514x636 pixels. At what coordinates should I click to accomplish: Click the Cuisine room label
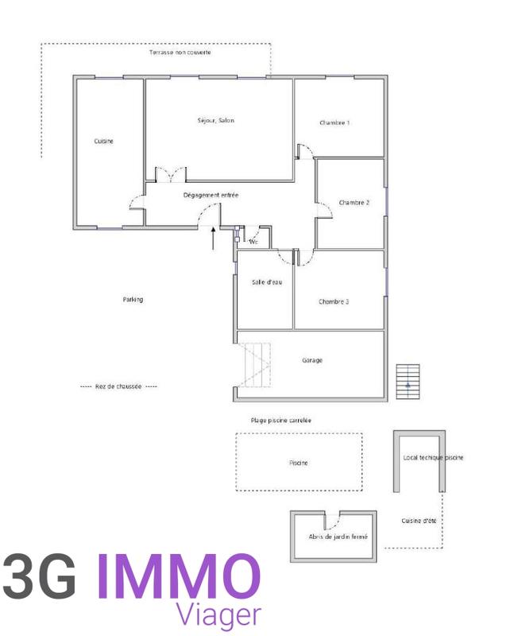[x=103, y=142]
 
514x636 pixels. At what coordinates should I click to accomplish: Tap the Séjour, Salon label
[x=216, y=121]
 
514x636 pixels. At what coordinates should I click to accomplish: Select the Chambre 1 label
[x=334, y=123]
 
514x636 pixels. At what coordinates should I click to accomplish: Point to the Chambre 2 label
[x=354, y=203]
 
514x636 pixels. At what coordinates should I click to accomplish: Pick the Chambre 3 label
[x=334, y=301]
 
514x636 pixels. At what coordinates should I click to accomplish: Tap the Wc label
[x=254, y=241]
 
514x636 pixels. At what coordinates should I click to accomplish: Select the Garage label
[x=312, y=360]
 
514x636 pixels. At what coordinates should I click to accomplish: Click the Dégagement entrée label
[x=211, y=196]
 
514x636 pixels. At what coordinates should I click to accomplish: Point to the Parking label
[x=133, y=300]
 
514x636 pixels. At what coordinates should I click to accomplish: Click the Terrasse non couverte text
[x=180, y=52]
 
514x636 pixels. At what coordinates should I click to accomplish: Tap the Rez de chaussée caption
[x=118, y=386]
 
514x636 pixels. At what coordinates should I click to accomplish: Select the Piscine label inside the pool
[x=298, y=463]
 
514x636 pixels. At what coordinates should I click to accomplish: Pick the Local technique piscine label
[x=433, y=458]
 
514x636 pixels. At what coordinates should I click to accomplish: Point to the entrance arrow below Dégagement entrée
[x=213, y=237]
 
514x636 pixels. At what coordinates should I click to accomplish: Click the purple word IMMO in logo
[x=178, y=576]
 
